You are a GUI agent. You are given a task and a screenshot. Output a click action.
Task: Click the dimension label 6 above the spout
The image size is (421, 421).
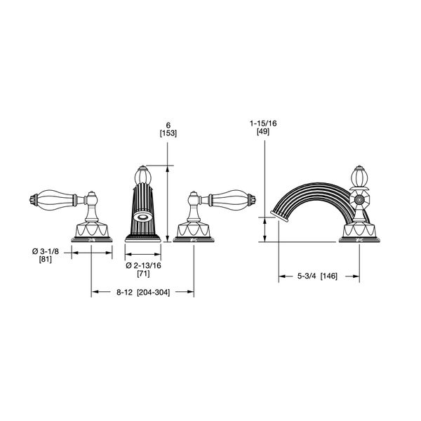click(x=168, y=125)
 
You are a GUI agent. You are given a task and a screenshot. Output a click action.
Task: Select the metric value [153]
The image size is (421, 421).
click(x=168, y=133)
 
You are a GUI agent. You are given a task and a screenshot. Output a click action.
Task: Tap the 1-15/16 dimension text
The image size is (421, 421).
click(x=263, y=123)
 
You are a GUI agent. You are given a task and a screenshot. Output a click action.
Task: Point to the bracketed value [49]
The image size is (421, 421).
click(x=263, y=132)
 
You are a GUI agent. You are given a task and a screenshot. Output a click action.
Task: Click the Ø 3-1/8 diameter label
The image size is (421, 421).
click(x=46, y=252)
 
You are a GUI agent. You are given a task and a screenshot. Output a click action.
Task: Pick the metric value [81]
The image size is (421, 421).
click(x=46, y=260)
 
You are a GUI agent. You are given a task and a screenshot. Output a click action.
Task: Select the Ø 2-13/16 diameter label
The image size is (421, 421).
click(x=143, y=265)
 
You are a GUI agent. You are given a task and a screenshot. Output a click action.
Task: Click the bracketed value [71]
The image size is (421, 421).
click(x=143, y=274)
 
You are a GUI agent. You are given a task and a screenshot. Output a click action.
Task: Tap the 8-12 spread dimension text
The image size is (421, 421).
click(x=125, y=292)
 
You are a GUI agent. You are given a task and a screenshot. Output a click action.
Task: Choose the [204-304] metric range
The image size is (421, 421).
click(x=154, y=292)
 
